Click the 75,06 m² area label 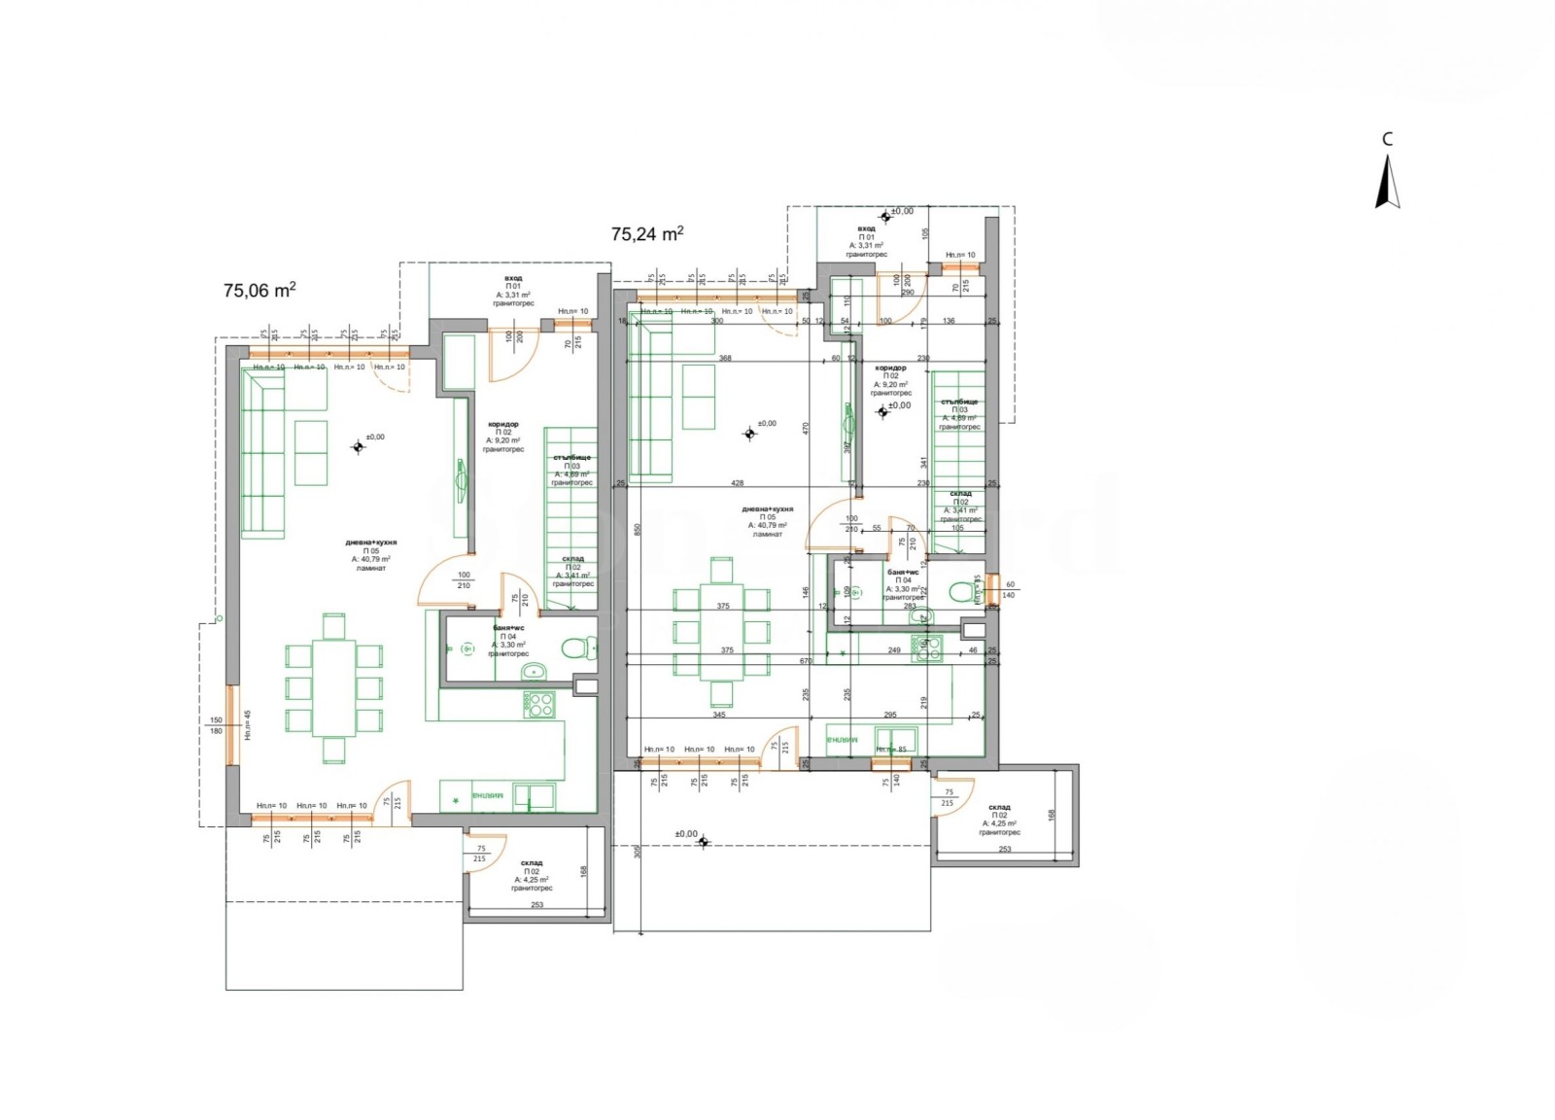(259, 290)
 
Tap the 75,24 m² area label (646, 233)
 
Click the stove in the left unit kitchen (538, 705)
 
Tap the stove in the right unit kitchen (927, 648)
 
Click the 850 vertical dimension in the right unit (637, 530)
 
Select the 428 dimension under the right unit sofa (737, 483)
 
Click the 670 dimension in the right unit (806, 661)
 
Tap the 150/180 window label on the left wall (216, 725)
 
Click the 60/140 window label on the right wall (1009, 589)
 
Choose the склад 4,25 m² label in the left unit (532, 875)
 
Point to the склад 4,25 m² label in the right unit (999, 820)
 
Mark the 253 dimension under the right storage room (1004, 849)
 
